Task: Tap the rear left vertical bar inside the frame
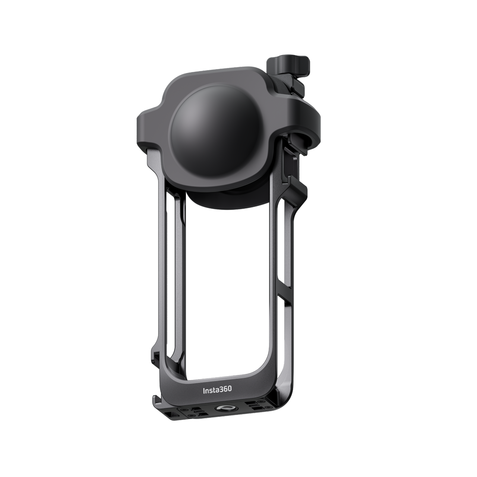point(172,261)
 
